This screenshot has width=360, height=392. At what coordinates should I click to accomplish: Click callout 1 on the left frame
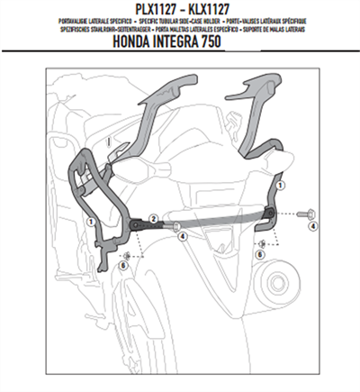(x=92, y=219)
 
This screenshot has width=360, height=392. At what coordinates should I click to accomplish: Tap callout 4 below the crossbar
(x=183, y=237)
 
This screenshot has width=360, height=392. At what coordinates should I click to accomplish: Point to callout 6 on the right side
(x=259, y=255)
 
